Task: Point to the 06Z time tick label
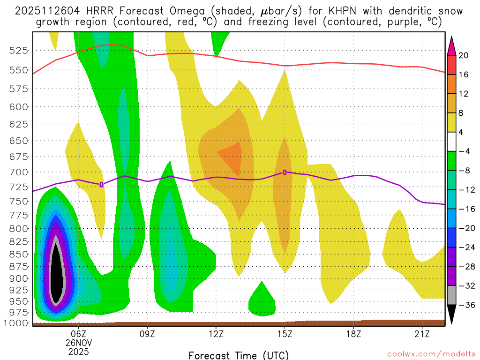click(78, 334)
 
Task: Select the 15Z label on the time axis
click(285, 334)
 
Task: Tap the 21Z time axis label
click(422, 334)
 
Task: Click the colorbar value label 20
click(464, 55)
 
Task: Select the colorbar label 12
click(464, 94)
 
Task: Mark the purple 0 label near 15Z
click(285, 172)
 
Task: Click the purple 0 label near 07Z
click(101, 185)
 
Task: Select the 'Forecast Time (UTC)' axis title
click(239, 355)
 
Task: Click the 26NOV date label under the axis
click(78, 342)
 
